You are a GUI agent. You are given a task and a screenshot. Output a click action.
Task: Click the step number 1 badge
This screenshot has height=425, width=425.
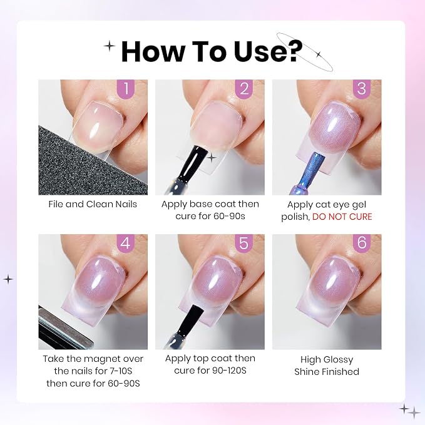pyautogui.click(x=125, y=89)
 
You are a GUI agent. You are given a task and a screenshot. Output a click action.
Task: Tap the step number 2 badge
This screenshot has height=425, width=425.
pyautogui.click(x=244, y=89)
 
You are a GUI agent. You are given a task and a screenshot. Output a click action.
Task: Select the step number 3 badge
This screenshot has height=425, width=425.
pyautogui.click(x=362, y=89)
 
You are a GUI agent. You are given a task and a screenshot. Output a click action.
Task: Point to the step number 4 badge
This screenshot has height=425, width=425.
pyautogui.click(x=125, y=243)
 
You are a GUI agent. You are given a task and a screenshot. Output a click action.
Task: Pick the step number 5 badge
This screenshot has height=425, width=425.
pyautogui.click(x=244, y=243)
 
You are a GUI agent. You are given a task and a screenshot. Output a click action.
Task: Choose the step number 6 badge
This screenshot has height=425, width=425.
pyautogui.click(x=362, y=243)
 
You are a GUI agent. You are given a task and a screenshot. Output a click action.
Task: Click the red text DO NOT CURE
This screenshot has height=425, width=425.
pyautogui.click(x=342, y=217)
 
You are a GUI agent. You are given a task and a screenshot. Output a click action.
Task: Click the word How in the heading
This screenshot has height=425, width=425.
pyautogui.click(x=152, y=51)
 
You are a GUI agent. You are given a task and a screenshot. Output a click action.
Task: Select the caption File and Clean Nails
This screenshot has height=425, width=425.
pyautogui.click(x=93, y=204)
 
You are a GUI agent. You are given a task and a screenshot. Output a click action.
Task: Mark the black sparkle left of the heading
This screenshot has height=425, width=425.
pyautogui.click(x=110, y=46)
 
